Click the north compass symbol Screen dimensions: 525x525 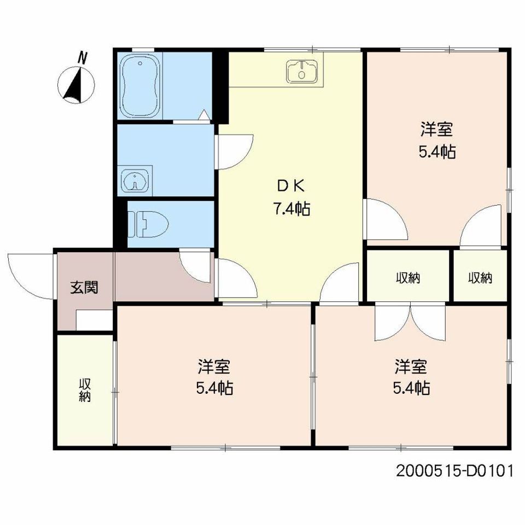tap(77, 85)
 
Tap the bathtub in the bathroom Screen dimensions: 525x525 tap(140, 86)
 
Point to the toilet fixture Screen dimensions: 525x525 tap(148, 224)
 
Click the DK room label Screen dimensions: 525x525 tap(291, 186)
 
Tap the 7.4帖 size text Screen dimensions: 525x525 tap(291, 209)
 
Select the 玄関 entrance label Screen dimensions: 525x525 tap(84, 287)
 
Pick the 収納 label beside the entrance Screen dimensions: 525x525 tap(85, 390)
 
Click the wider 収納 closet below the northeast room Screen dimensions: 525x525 tap(408, 278)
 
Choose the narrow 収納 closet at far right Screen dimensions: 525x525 tap(480, 278)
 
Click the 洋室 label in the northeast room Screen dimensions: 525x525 tap(436, 129)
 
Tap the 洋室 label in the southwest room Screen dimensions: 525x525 tap(214, 366)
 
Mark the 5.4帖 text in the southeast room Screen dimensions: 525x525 tap(411, 388)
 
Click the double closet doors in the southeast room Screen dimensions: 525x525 tap(410, 322)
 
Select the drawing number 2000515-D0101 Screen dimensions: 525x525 tap(454, 471)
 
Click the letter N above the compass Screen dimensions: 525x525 tap(82, 57)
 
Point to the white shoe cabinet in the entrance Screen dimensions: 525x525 tap(94, 320)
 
